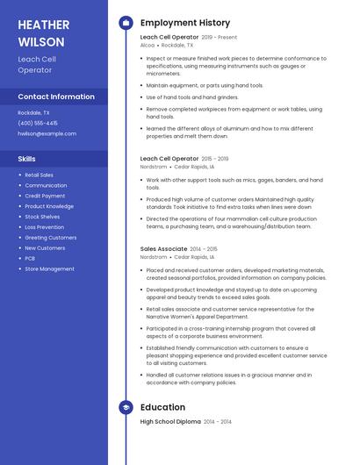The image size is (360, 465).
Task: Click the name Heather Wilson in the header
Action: (x=41, y=33)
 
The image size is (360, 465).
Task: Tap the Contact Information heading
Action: (x=56, y=97)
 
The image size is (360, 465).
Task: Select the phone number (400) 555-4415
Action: (x=38, y=123)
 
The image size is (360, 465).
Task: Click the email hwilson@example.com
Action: (x=47, y=133)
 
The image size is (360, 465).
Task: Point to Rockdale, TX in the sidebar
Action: (x=34, y=112)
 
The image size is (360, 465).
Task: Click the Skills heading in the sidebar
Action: (x=27, y=159)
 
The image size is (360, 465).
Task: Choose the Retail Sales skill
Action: (x=39, y=175)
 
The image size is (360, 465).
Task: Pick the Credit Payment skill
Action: (x=44, y=196)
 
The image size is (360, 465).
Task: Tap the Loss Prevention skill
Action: (x=45, y=227)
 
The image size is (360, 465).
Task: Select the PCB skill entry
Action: (x=30, y=259)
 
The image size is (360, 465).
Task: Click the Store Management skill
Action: (x=49, y=269)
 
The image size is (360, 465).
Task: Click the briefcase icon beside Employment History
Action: (x=126, y=23)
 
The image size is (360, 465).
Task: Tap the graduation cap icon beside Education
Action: (x=126, y=407)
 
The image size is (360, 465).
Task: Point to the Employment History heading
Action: (x=185, y=23)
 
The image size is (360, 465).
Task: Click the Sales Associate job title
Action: (x=163, y=249)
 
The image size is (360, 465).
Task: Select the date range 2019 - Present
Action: (x=220, y=38)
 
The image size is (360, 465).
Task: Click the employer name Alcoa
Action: (x=148, y=45)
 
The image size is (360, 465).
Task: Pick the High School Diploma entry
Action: (x=170, y=422)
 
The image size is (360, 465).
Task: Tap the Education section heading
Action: (x=162, y=407)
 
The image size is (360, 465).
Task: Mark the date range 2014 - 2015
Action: (x=205, y=249)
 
